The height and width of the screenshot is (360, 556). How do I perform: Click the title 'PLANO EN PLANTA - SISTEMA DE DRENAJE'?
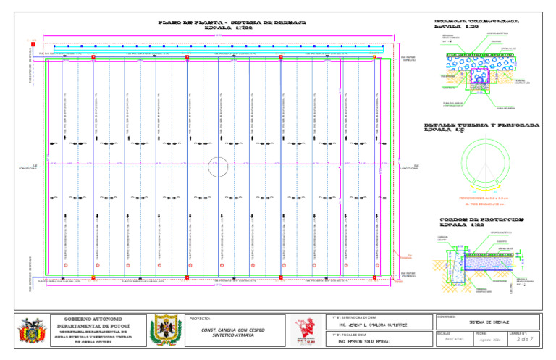click(232, 22)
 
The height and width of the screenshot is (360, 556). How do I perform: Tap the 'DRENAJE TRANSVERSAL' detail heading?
click(476, 22)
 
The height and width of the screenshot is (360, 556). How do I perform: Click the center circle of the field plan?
click(219, 167)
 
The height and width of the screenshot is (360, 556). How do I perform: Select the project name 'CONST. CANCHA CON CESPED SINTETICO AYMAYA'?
click(234, 332)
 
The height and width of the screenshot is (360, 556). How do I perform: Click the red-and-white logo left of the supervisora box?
click(308, 330)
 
